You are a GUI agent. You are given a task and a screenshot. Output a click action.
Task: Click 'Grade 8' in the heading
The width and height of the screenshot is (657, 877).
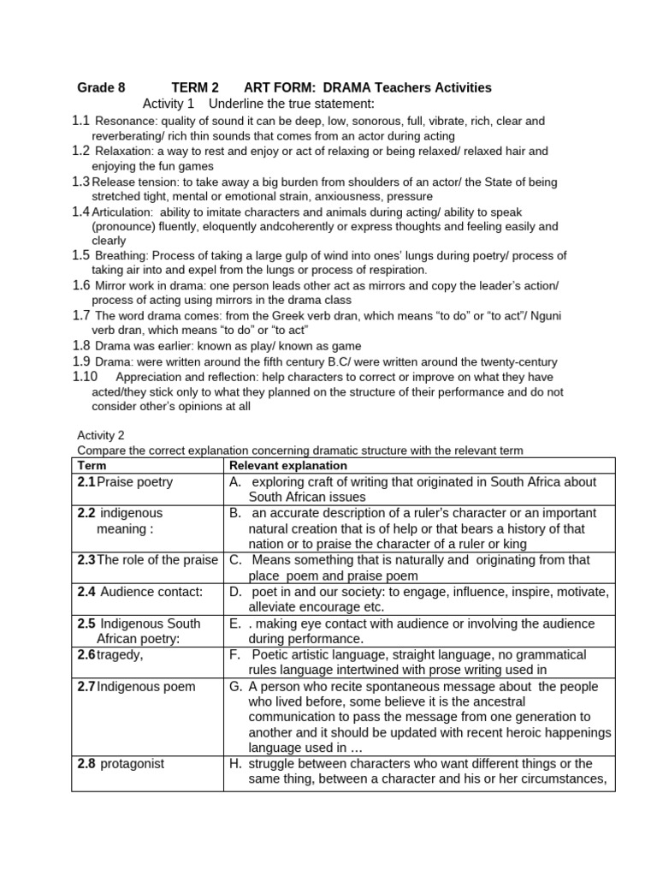[101, 87]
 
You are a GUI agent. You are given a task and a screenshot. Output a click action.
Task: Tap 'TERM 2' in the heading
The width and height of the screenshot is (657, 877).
[195, 87]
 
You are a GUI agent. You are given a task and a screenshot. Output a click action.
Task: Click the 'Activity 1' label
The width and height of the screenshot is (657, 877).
[169, 104]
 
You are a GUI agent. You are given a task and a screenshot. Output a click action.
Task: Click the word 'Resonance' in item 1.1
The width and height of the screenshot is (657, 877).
[123, 122]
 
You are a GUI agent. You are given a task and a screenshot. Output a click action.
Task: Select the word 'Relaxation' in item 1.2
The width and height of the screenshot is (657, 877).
[123, 151]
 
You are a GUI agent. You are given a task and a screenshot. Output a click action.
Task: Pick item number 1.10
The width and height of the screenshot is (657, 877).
[85, 376]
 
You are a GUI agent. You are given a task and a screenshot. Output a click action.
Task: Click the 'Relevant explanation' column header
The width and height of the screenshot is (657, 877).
[287, 465]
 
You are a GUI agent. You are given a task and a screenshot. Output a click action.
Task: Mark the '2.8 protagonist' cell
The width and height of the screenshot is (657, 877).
[121, 763]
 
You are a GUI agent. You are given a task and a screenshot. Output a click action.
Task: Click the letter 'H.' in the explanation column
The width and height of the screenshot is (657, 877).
[235, 763]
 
